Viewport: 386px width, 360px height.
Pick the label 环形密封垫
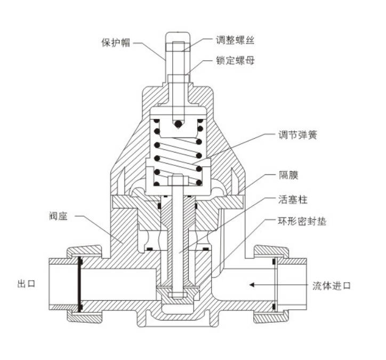[302, 220]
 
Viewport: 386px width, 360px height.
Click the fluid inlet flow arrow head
[250, 285]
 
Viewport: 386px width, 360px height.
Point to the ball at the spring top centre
[178, 125]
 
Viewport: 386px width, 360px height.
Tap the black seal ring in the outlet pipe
[79, 284]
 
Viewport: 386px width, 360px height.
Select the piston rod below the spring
[178, 224]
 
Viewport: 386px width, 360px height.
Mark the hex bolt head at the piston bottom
[178, 294]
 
